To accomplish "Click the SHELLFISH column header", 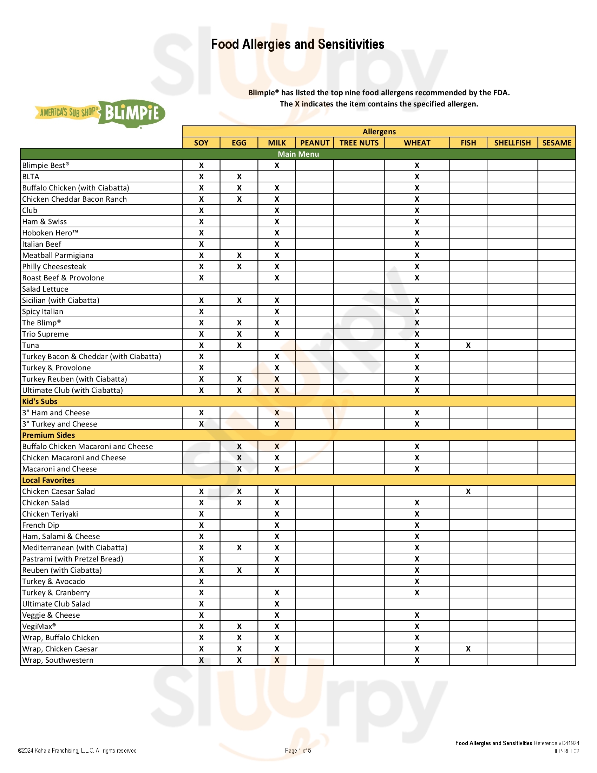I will tap(512, 143).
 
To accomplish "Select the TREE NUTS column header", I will tap(359, 143).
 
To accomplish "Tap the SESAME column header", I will tap(557, 143).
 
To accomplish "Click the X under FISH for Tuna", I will tap(468, 345).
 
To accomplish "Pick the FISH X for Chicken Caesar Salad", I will tap(468, 491).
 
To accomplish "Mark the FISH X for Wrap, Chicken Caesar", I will tap(468, 649).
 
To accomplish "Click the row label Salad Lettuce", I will tap(45, 289).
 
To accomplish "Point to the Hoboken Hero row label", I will tap(50, 233).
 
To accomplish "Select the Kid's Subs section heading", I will tap(40, 401).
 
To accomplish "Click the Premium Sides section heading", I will tap(48, 435).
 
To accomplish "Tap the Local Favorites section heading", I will tap(48, 480).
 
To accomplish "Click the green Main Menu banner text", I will tap(298, 154).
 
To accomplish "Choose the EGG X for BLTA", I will tap(239, 177).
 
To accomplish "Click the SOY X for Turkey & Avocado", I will tap(201, 581).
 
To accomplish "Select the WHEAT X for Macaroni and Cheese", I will tap(417, 469).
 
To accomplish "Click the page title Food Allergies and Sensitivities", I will tap(297, 44).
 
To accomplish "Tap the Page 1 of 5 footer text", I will tap(298, 751).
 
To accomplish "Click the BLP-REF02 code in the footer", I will tap(565, 751).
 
